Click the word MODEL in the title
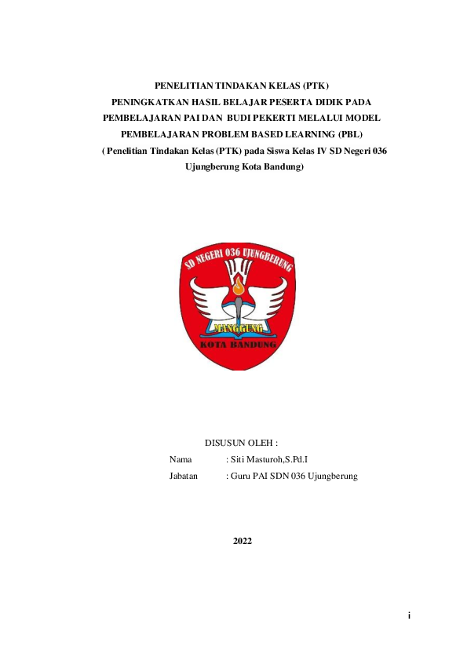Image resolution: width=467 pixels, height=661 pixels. [352, 118]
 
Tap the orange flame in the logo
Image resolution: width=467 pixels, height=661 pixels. [236, 290]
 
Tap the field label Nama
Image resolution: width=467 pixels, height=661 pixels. [181, 460]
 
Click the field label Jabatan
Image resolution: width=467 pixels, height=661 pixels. [184, 477]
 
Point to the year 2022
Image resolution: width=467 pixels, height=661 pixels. [243, 542]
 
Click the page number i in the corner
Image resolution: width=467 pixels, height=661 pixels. [409, 615]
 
